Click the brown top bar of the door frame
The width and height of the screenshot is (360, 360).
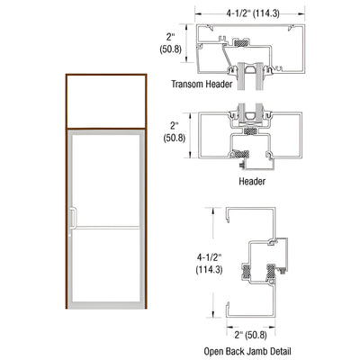point(106,78)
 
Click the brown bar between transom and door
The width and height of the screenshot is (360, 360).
point(106,127)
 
